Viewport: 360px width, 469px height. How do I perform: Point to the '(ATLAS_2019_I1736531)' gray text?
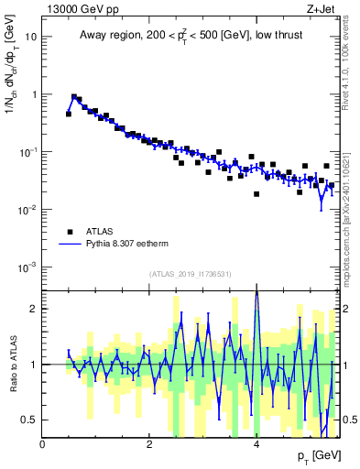(x=191, y=274)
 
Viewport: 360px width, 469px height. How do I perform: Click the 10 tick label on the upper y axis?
(x=30, y=38)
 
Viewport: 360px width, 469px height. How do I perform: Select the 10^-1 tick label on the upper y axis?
(x=28, y=152)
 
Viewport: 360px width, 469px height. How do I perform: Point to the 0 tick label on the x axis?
(x=43, y=443)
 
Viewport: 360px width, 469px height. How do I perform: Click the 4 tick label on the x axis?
(x=256, y=443)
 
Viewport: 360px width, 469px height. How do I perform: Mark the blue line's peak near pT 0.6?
(x=74, y=96)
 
